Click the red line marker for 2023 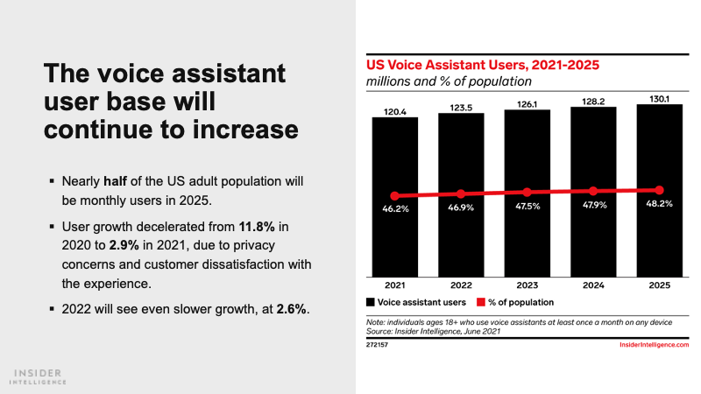[x=527, y=192]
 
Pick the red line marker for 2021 [x=394, y=195]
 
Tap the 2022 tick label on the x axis [x=461, y=285]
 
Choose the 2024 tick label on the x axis [x=593, y=285]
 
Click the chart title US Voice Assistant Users [x=482, y=65]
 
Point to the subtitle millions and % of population [x=449, y=81]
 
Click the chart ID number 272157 [x=379, y=346]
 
